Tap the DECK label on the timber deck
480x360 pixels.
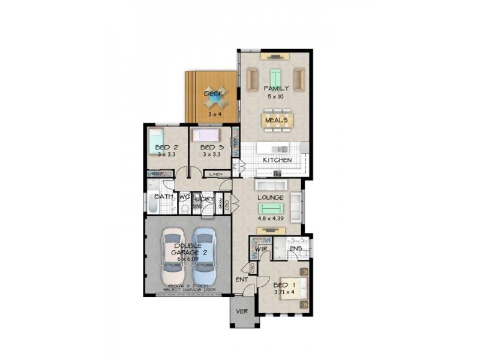(213, 94)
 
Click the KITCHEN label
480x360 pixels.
(278, 160)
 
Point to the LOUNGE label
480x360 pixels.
(270, 197)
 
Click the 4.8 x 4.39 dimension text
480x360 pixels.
(270, 219)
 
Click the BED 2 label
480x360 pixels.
(166, 148)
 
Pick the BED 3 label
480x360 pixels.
(211, 148)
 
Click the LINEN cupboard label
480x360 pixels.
(216, 174)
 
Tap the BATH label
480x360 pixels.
(163, 196)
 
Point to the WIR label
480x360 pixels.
(260, 248)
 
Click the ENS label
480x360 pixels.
(295, 248)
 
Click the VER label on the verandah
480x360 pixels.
(242, 311)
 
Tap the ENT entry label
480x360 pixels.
(242, 280)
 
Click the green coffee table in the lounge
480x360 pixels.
(271, 208)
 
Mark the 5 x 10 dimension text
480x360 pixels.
(275, 96)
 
